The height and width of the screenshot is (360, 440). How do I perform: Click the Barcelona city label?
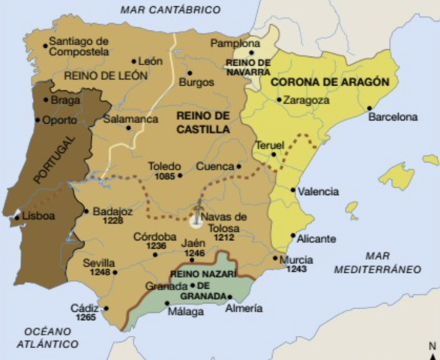click(x=392, y=117)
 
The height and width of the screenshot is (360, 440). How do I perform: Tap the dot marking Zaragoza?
click(x=279, y=99)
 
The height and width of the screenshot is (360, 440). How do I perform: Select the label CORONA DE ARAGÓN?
click(x=331, y=81)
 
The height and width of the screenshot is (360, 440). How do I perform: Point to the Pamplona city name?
click(x=235, y=44)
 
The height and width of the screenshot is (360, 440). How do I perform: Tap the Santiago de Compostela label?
click(x=79, y=46)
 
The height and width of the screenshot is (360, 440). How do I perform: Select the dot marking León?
click(x=134, y=61)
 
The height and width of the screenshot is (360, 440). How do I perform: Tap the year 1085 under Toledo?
click(x=165, y=176)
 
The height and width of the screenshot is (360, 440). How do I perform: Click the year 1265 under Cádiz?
click(x=86, y=318)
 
